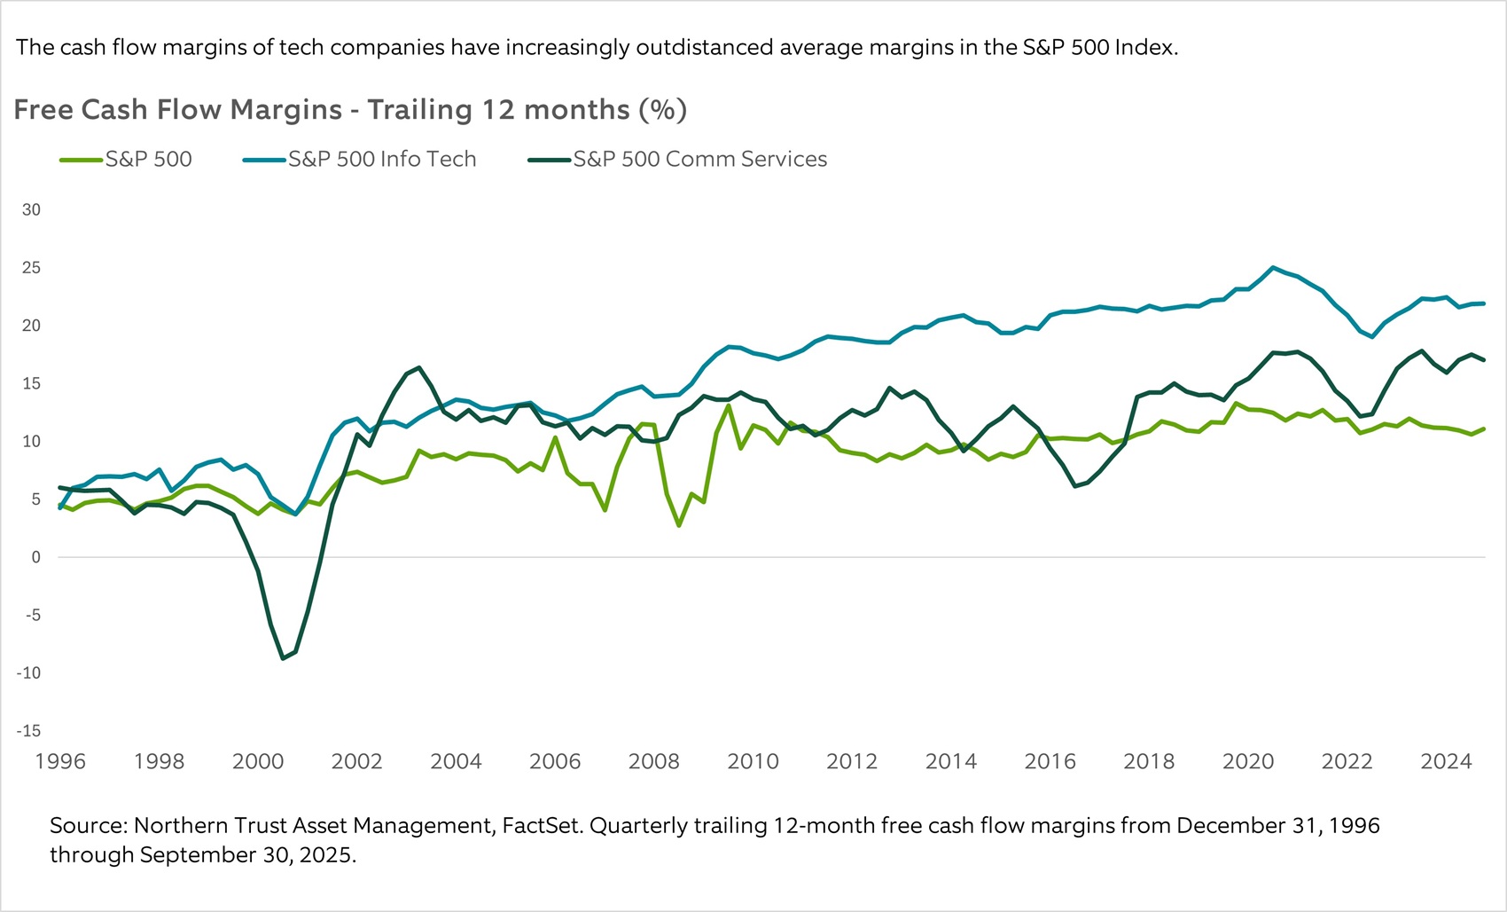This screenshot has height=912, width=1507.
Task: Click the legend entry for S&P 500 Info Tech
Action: pyautogui.click(x=381, y=160)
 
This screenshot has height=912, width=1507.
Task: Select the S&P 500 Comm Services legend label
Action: pyautogui.click(x=699, y=160)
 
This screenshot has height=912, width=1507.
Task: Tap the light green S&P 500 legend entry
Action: pyautogui.click(x=148, y=160)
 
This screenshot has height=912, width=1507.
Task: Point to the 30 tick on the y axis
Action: pyautogui.click(x=31, y=210)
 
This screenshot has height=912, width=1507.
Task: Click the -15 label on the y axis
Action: pyautogui.click(x=28, y=731)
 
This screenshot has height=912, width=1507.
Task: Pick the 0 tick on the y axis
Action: pyautogui.click(x=35, y=557)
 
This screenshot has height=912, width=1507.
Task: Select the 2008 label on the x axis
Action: pyautogui.click(x=653, y=761)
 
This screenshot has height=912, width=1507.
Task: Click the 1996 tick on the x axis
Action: pyautogui.click(x=60, y=761)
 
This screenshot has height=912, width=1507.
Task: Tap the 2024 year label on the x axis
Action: pyautogui.click(x=1446, y=761)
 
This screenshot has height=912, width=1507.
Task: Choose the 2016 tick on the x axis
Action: pyautogui.click(x=1050, y=761)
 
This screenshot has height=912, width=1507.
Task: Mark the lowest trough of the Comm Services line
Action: pyautogui.click(x=283, y=658)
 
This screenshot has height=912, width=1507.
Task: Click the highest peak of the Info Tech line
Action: pyautogui.click(x=1273, y=267)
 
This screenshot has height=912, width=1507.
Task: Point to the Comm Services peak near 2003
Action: pyautogui.click(x=418, y=367)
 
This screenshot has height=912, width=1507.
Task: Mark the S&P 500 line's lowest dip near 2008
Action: pyautogui.click(x=678, y=526)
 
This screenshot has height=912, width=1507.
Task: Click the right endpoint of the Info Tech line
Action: pyautogui.click(x=1484, y=303)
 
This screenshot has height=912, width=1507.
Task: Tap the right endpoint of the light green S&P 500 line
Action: pyautogui.click(x=1484, y=428)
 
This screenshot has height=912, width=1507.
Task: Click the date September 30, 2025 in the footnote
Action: pyautogui.click(x=247, y=855)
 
